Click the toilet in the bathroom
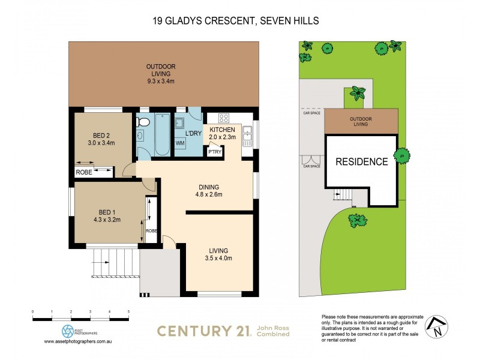142,122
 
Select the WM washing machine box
180,143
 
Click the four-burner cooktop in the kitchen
224,118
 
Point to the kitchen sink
247,133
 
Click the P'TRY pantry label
214,152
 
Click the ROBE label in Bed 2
83,173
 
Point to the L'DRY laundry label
193,133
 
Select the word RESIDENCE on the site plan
361,161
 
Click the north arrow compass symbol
437,326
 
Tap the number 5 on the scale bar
128,312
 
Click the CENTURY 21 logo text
204,330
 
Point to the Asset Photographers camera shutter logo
68,331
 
